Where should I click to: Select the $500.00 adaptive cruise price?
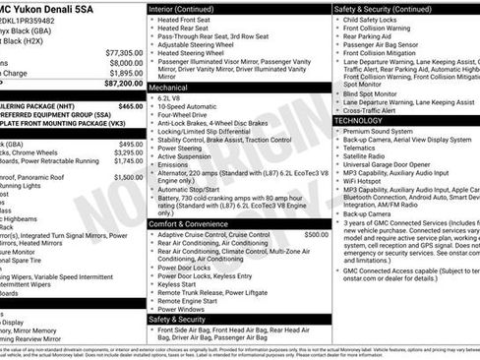[316, 235]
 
